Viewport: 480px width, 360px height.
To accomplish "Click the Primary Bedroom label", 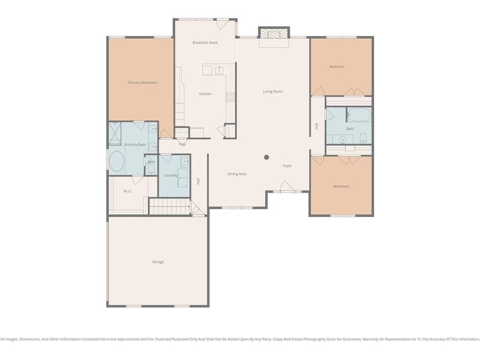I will tap(142, 83).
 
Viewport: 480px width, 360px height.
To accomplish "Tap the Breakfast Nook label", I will tap(205, 43).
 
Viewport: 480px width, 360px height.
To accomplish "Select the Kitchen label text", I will tap(205, 94).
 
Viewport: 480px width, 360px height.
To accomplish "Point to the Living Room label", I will tap(273, 92).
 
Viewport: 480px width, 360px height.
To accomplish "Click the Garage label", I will tap(158, 262).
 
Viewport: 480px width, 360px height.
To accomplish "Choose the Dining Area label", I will tap(237, 174).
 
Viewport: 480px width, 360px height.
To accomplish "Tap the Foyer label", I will tap(287, 166).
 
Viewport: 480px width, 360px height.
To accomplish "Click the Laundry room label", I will tap(171, 175).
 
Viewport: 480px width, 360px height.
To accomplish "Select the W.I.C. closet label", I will tap(128, 191).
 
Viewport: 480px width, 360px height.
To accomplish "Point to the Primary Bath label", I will tap(135, 145).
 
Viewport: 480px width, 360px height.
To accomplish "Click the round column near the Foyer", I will tap(267, 157).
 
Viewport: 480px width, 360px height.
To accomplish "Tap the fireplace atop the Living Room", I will tap(274, 33).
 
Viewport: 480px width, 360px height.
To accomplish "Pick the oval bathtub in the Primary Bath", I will tap(116, 161).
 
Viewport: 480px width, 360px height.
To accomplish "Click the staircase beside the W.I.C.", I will tap(169, 206).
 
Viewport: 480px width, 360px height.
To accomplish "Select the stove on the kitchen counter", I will tap(231, 97).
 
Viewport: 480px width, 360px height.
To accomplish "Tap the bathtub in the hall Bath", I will tap(359, 115).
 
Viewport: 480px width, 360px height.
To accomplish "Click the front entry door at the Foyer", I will tap(287, 187).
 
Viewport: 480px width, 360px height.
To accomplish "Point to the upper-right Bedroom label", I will tap(337, 67).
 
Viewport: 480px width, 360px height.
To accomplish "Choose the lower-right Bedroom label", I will tap(341, 186).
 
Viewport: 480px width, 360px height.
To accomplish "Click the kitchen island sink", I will tap(219, 69).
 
